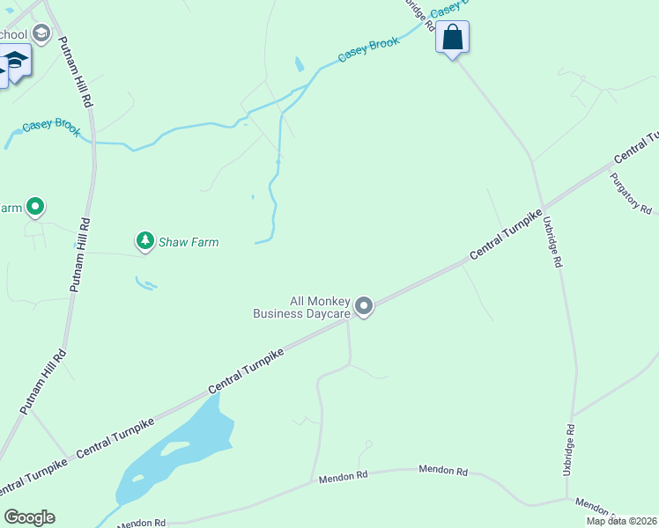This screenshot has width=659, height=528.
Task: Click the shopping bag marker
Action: pyautogui.click(x=452, y=38)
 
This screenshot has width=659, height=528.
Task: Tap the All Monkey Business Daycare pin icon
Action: pyautogui.click(x=363, y=306)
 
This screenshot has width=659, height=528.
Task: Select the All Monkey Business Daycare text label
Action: pyautogui.click(x=302, y=306)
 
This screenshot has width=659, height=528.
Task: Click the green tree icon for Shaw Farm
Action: pyautogui.click(x=144, y=239)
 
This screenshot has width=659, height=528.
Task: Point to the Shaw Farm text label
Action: pyautogui.click(x=189, y=242)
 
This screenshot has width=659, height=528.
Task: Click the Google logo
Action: pyautogui.click(x=29, y=517)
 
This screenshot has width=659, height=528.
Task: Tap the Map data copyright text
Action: pyautogui.click(x=622, y=521)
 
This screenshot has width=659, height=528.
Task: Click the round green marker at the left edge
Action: pyautogui.click(x=35, y=208)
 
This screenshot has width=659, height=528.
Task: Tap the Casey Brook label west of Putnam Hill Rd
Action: pyautogui.click(x=51, y=126)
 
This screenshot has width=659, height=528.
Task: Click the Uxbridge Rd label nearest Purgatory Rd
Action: pyautogui.click(x=552, y=241)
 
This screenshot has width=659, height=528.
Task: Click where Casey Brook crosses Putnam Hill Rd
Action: pyautogui.click(x=94, y=142)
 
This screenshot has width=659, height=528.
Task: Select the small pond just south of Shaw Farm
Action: pyautogui.click(x=145, y=283)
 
